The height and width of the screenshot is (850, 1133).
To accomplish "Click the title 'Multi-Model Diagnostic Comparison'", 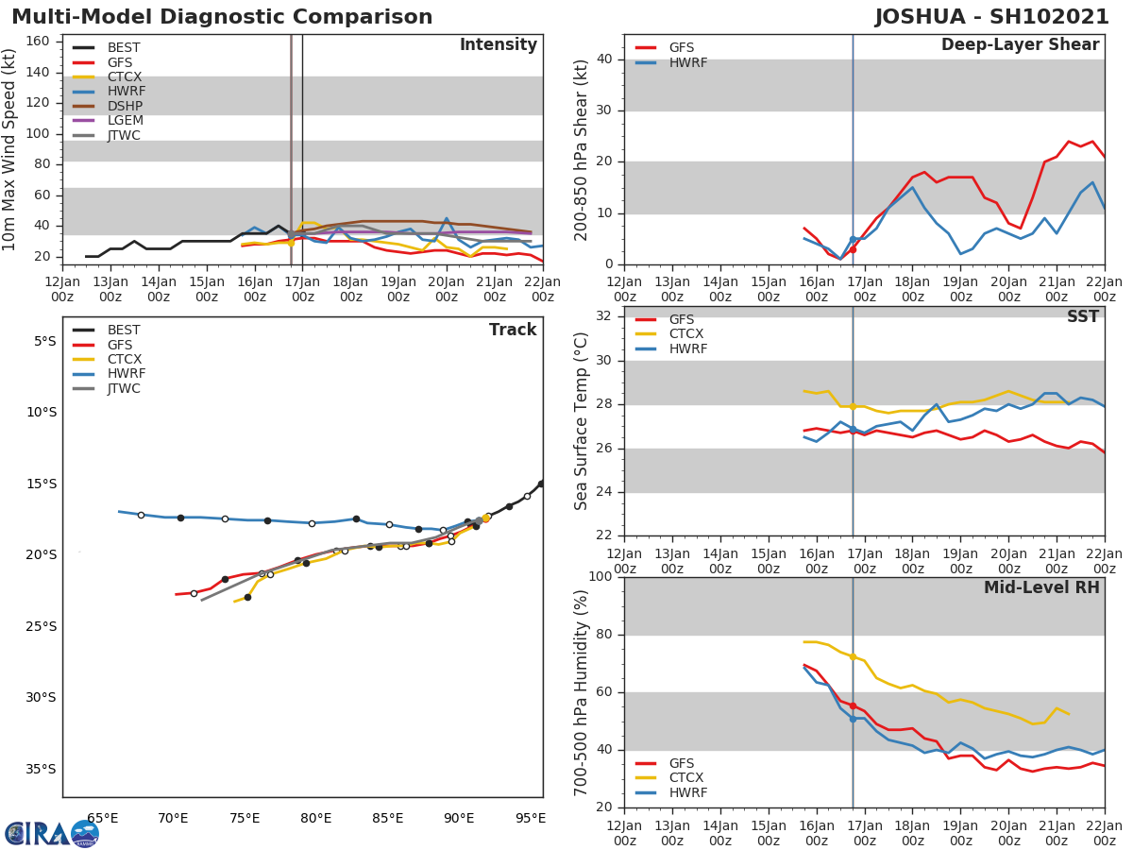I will (x=222, y=17).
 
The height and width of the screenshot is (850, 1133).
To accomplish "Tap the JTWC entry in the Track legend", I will (x=124, y=389).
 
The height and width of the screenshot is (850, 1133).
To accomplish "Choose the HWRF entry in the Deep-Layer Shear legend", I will (x=687, y=63).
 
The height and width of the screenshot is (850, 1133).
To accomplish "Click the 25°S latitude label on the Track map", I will (x=42, y=626).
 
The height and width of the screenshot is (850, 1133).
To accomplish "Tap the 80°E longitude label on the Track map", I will (x=316, y=818).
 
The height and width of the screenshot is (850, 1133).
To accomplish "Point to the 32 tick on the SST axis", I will (x=602, y=315).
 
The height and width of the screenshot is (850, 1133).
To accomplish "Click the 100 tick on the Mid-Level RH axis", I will (x=599, y=577).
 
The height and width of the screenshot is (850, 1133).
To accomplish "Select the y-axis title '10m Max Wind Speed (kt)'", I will (x=10, y=149).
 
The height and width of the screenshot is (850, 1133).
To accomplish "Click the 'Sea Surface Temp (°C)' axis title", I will (x=582, y=422).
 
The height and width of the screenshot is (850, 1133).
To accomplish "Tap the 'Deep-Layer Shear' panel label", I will (x=1020, y=45).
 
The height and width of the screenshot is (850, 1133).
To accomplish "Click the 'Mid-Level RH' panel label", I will (x=1041, y=588).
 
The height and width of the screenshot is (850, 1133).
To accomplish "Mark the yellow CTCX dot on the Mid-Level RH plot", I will (x=853, y=656).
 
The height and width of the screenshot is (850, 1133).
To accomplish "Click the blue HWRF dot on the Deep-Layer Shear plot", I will (x=853, y=240).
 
